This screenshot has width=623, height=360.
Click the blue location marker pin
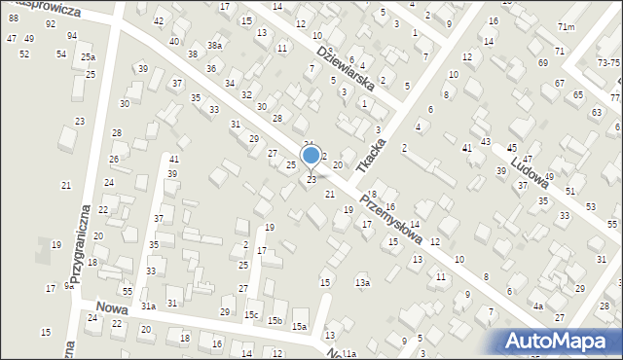pyautogui.click(x=311, y=156)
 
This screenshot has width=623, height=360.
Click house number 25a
pyautogui.click(x=88, y=58)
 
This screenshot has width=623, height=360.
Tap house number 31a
pyautogui.click(x=148, y=306)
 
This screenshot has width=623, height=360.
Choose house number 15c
pyautogui.click(x=251, y=315)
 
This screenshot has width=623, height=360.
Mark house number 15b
pyautogui.click(x=275, y=321)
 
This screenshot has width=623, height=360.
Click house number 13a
pyautogui.click(x=362, y=282)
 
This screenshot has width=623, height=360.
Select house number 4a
pyautogui.click(x=537, y=306)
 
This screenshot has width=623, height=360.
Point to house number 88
pyautogui.click(x=13, y=18)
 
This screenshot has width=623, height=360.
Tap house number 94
pyautogui.click(x=72, y=35)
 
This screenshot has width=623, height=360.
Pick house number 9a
pyautogui.click(x=68, y=285)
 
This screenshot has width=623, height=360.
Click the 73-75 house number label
pyautogui.click(x=609, y=62)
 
